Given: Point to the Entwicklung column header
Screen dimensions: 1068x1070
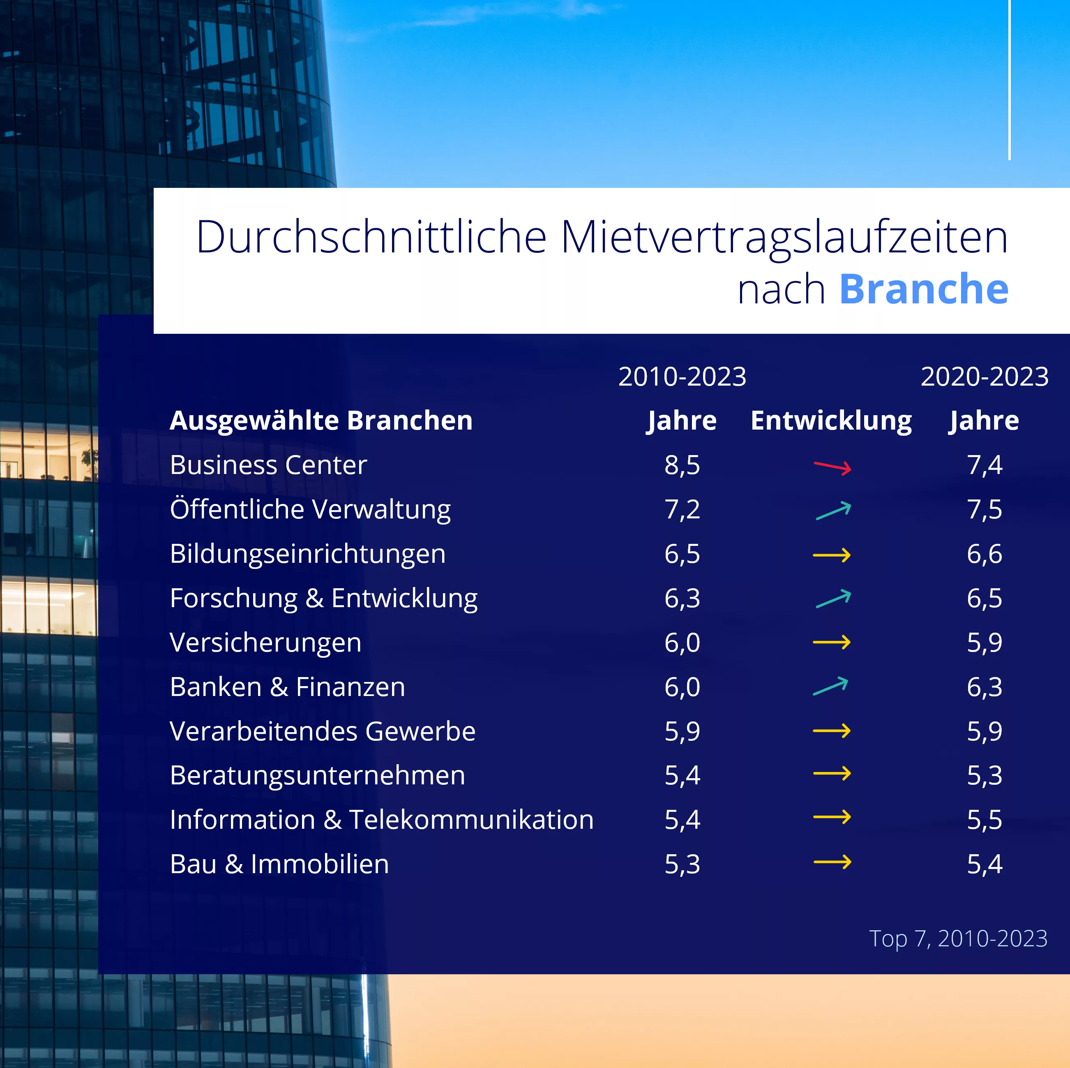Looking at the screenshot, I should (831, 421).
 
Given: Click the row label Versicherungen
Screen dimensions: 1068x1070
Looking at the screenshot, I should (265, 643).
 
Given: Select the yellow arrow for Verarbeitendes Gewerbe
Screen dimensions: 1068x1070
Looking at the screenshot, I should (831, 730).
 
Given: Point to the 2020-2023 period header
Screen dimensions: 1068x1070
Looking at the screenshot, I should (984, 377).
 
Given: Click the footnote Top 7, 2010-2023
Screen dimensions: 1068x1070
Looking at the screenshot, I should (958, 939).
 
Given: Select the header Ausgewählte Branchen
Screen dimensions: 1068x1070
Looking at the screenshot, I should (321, 421).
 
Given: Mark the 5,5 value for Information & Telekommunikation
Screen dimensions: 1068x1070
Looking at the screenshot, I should (984, 820).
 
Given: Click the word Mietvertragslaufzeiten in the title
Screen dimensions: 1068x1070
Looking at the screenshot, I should (784, 237).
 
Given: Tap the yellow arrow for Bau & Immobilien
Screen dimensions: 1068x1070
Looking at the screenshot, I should (832, 862).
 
